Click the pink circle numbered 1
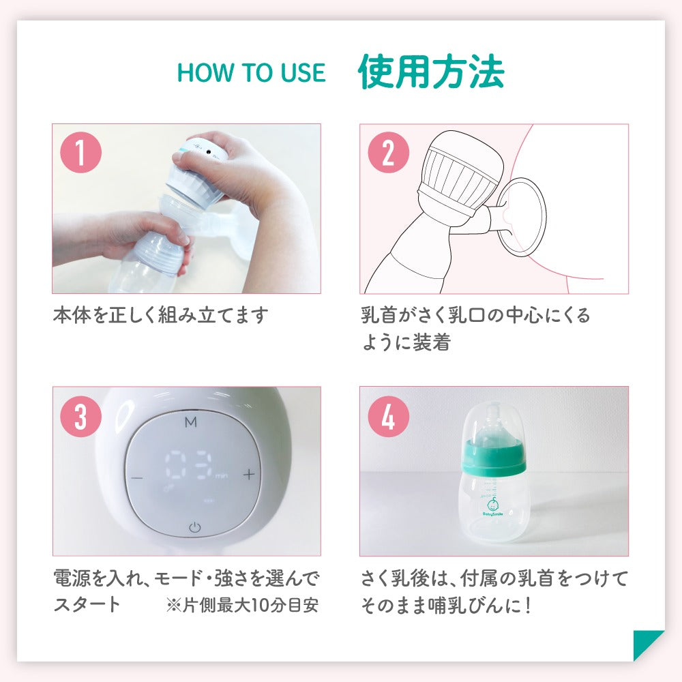tap(80, 152)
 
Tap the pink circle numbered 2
tap(389, 152)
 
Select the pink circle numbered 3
tap(80, 416)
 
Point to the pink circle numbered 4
tap(389, 416)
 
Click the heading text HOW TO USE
tap(251, 72)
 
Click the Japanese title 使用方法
tap(431, 72)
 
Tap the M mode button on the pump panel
tap(190, 422)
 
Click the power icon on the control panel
tap(194, 527)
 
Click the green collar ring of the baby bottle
tap(493, 457)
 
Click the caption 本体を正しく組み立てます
tap(160, 315)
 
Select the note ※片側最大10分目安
tap(242, 605)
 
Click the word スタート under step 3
tap(87, 604)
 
